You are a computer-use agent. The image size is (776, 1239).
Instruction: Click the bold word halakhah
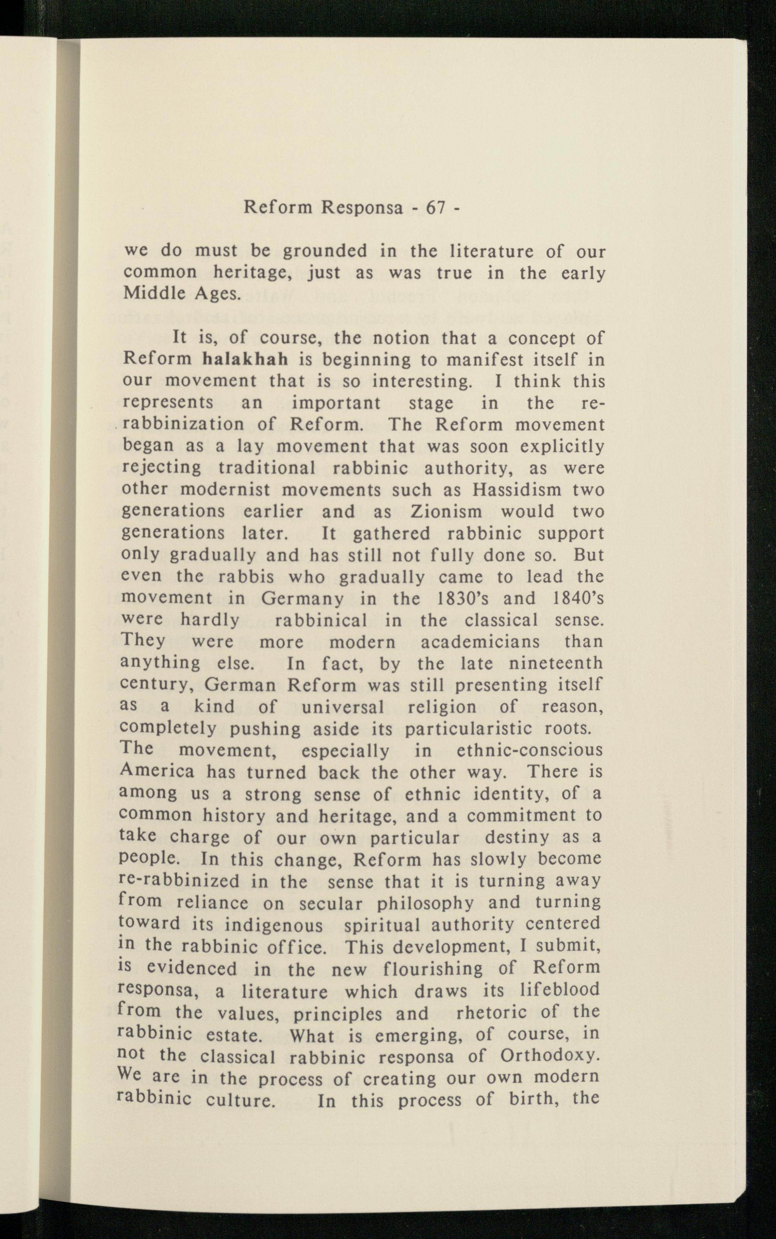245,359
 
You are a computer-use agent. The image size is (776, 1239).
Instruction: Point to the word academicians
480,642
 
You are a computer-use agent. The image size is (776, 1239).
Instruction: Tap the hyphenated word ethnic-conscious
528,750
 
